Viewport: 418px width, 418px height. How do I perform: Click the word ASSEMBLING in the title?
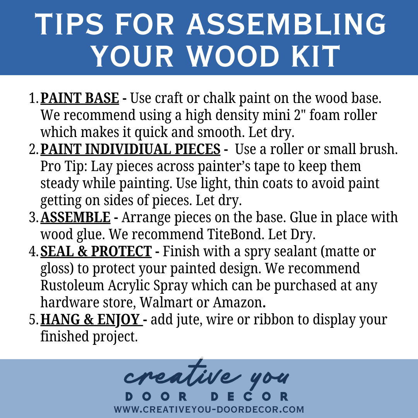click(286, 24)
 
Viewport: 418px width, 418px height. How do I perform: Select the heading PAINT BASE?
click(80, 98)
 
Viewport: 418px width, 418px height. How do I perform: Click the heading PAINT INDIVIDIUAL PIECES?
click(130, 149)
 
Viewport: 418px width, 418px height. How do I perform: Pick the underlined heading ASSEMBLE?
click(75, 217)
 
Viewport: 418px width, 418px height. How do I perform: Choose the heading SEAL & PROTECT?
click(96, 252)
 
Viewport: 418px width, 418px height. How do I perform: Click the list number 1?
click(34, 98)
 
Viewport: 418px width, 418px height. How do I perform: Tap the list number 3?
click(34, 218)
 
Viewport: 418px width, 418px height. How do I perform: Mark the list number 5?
click(34, 320)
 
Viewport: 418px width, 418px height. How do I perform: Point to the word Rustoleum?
click(72, 286)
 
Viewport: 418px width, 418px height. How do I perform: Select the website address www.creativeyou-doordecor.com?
click(209, 409)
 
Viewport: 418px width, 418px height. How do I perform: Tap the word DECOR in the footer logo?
click(250, 396)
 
